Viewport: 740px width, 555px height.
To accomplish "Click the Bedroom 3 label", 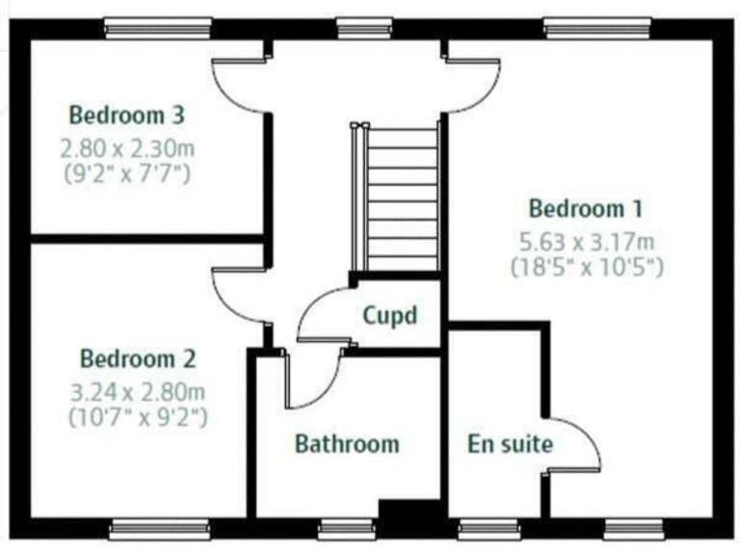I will pos(126,116).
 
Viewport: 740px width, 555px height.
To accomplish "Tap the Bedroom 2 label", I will pos(138,359).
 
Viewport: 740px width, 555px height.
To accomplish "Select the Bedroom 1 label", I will pos(585,208).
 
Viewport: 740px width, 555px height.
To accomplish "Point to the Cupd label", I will pos(389,315).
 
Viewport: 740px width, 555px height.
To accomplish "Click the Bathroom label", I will pos(346,444).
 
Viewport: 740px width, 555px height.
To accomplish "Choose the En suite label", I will pos(510,444).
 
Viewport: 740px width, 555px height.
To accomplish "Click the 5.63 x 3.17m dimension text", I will pos(585,241).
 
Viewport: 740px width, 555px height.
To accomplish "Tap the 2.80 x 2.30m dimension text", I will pos(126,149).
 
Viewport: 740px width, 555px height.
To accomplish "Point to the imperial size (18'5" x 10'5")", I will pos(585,267).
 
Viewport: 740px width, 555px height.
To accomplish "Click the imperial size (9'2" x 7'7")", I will pos(126,174).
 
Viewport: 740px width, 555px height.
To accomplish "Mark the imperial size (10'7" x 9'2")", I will pos(138,418).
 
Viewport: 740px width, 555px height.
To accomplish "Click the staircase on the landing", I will pos(403,198).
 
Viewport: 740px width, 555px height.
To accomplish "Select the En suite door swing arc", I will pos(573,445).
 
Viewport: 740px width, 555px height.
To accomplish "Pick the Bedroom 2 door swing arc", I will pos(235,299).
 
